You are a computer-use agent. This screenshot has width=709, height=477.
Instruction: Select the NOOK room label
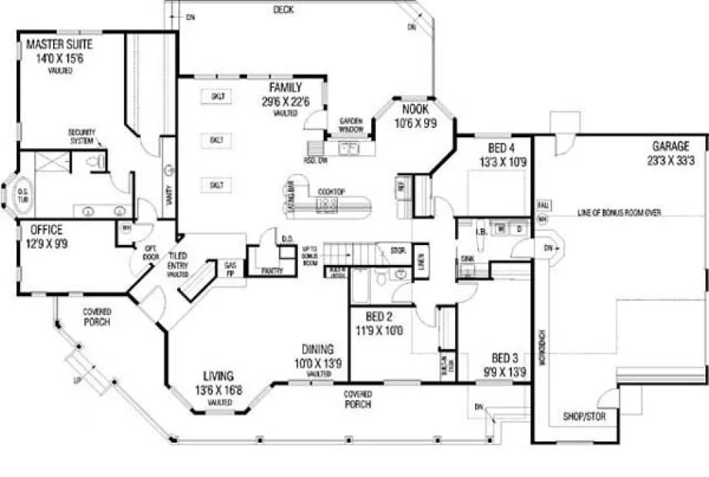pyautogui.click(x=415, y=110)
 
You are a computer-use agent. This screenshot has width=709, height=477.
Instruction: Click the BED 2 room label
pyautogui.click(x=378, y=318)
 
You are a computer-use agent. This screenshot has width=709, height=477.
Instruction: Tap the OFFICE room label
pyautogui.click(x=46, y=230)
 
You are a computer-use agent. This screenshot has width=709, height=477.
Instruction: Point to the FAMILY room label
pyautogui.click(x=285, y=87)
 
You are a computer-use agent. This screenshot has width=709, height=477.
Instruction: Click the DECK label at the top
pyautogui.click(x=283, y=9)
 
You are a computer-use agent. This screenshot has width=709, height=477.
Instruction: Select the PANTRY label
pyautogui.click(x=272, y=271)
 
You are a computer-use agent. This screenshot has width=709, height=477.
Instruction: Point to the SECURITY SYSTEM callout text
pyautogui.click(x=82, y=136)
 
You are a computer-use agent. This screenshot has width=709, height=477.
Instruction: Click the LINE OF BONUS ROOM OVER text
pyautogui.click(x=619, y=213)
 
